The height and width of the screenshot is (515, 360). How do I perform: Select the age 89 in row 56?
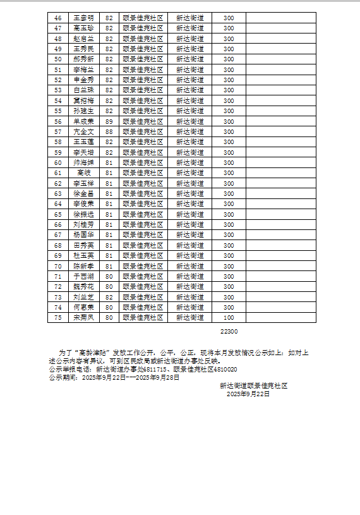109,121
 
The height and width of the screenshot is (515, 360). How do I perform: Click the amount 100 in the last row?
229,317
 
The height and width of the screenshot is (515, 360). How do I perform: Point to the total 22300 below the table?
229,331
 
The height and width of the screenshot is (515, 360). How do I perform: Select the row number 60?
58,162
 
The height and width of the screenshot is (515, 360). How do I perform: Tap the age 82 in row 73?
109,296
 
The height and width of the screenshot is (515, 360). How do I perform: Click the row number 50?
58,59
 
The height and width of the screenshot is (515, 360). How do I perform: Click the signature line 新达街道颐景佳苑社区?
253,385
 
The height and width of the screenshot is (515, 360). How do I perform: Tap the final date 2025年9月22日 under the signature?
248,394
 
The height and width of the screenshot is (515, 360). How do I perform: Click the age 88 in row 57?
109,131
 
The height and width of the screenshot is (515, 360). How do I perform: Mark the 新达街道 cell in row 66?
189,224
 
